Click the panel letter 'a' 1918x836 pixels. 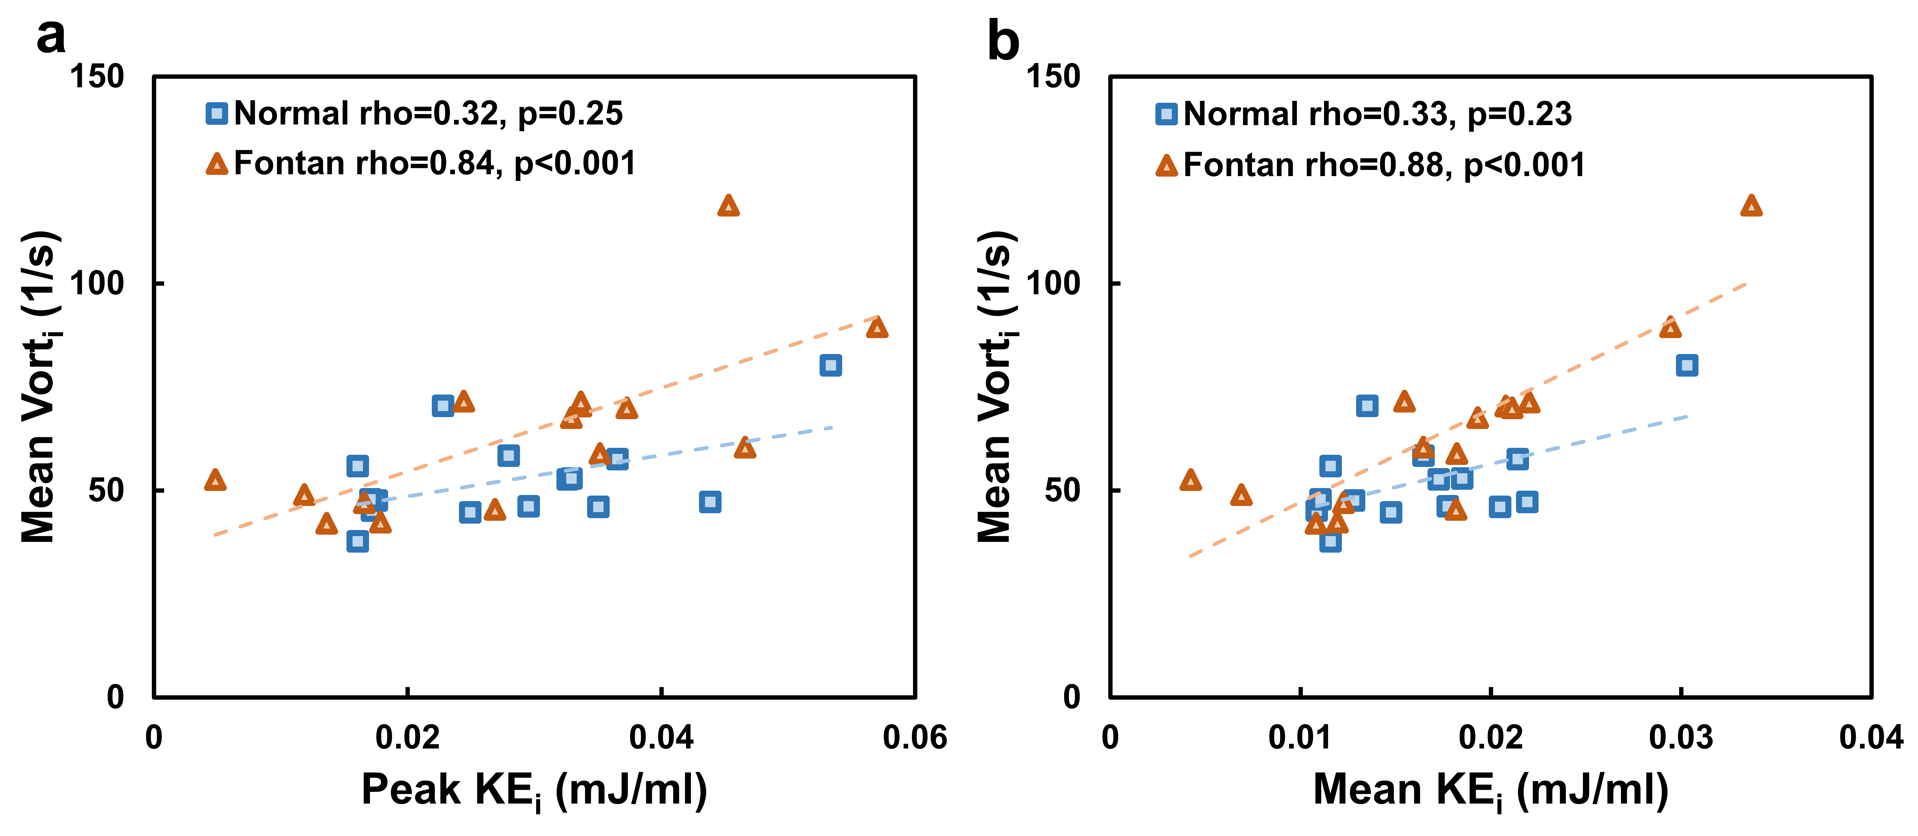51,37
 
